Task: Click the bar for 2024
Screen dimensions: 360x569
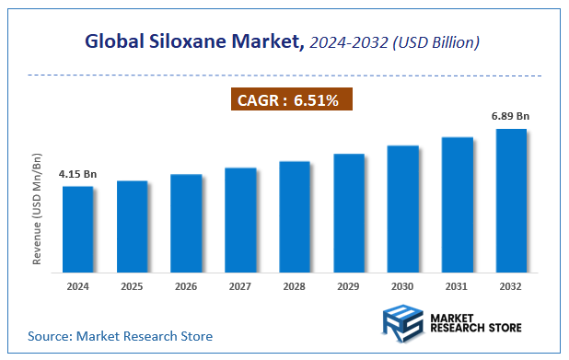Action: (77, 229)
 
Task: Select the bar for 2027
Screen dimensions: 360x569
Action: (240, 220)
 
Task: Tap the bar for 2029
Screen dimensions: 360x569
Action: (349, 213)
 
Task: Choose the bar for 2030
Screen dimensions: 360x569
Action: (402, 209)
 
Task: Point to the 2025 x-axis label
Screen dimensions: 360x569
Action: (132, 288)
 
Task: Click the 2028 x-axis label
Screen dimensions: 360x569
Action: (295, 288)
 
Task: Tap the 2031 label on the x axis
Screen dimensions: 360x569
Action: (457, 288)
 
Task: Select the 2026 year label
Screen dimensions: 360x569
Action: (186, 288)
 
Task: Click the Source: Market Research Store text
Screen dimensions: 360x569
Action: (120, 336)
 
